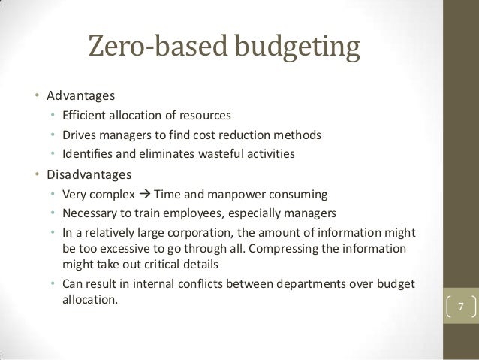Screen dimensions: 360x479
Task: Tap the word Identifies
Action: [87, 154]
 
